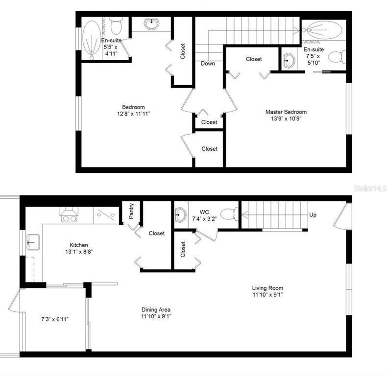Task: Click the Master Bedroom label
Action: click(286, 112)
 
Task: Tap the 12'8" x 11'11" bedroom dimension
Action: click(134, 114)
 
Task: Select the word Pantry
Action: click(131, 211)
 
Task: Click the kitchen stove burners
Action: click(69, 219)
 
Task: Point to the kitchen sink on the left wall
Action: click(33, 242)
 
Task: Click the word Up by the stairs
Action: click(313, 215)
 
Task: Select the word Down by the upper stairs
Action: click(208, 64)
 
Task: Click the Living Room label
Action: click(267, 288)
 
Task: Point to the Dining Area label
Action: click(156, 310)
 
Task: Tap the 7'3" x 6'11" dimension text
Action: click(55, 319)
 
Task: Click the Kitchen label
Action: click(79, 245)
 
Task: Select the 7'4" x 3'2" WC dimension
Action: click(204, 219)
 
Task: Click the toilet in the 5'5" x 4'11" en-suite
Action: click(116, 26)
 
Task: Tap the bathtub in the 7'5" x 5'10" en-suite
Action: click(322, 30)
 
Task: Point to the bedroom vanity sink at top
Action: click(151, 24)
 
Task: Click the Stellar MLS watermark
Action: click(370, 188)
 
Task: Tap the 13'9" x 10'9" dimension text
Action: click(286, 119)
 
